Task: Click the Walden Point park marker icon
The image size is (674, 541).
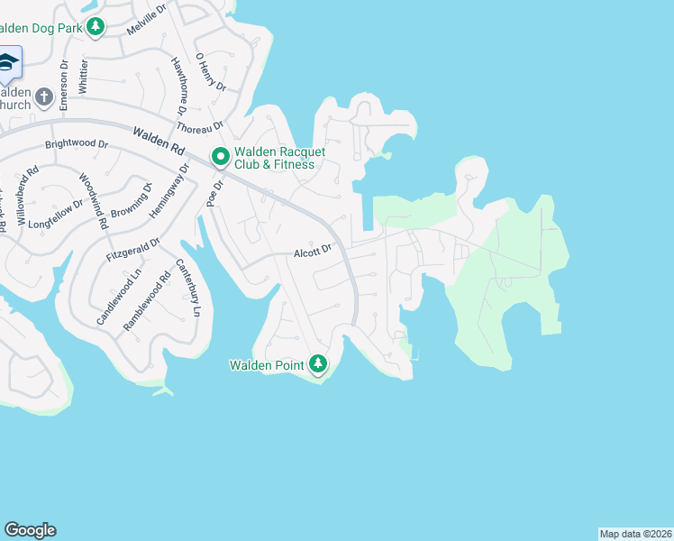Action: tap(317, 363)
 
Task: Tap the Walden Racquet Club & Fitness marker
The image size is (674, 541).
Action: tap(220, 158)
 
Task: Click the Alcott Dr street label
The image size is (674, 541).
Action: tap(314, 253)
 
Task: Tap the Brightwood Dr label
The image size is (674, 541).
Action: tap(77, 144)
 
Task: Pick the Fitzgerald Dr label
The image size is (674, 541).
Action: tap(132, 250)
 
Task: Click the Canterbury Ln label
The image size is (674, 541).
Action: tap(188, 288)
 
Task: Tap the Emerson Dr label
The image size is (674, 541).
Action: tap(64, 86)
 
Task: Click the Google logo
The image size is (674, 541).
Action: tap(30, 530)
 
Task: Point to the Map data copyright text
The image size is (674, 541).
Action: tap(635, 534)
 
